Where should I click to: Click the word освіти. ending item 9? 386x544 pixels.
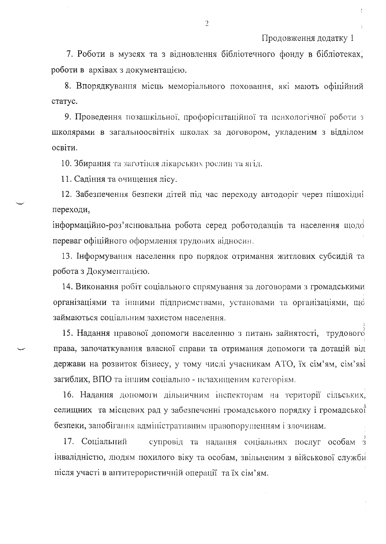[64, 148]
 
